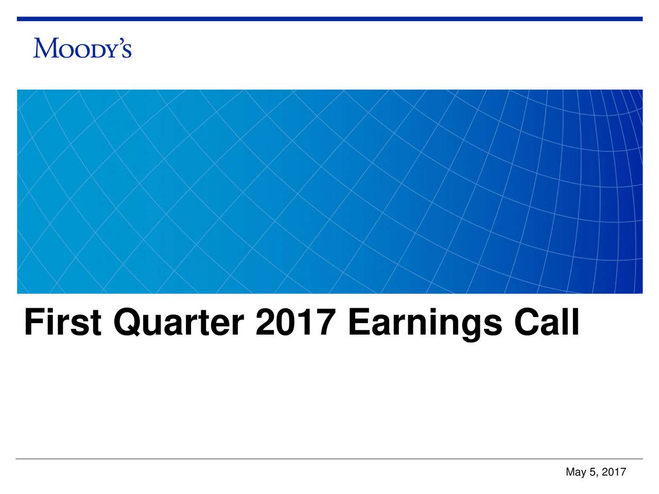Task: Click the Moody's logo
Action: pyautogui.click(x=82, y=47)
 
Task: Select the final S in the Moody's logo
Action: pyautogui.click(x=127, y=51)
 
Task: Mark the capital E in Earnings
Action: pyautogui.click(x=358, y=323)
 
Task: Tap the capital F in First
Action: pyautogui.click(x=32, y=323)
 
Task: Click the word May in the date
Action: pyautogui.click(x=575, y=472)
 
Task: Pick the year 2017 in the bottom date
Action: pyautogui.click(x=614, y=472)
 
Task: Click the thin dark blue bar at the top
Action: pyautogui.click(x=329, y=19)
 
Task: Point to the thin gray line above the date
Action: pyautogui.click(x=329, y=458)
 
